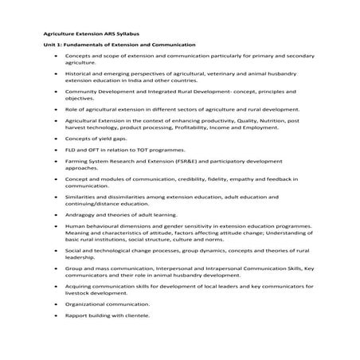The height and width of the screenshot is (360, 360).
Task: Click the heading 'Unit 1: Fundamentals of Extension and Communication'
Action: [x=119, y=45]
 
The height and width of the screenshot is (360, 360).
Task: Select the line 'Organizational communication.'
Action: [x=107, y=303]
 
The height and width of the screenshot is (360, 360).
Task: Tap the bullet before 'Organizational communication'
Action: [x=55, y=303]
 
